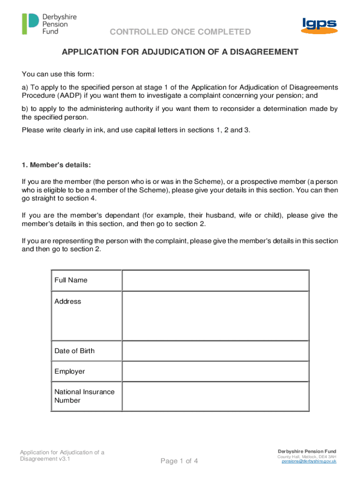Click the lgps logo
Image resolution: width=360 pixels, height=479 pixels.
[318, 25]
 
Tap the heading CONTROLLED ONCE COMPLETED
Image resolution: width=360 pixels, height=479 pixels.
[180, 32]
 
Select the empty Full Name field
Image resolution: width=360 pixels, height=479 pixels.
[215, 280]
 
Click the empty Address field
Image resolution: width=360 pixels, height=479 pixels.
[215, 316]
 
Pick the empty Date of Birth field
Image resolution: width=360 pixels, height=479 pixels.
[215, 351]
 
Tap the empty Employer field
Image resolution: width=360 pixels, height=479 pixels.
[215, 371]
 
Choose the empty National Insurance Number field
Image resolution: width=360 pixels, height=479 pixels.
[215, 396]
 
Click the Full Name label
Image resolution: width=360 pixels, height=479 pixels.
[71, 280]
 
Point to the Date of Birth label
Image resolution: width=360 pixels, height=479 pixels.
[74, 351]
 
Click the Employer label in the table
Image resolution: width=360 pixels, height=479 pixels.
[70, 371]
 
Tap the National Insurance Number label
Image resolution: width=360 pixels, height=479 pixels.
[84, 396]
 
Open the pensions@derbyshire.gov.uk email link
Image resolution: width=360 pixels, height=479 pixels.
[309, 461]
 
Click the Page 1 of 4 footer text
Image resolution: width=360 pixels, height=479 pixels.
[180, 461]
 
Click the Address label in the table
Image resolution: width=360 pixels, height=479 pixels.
[67, 301]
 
